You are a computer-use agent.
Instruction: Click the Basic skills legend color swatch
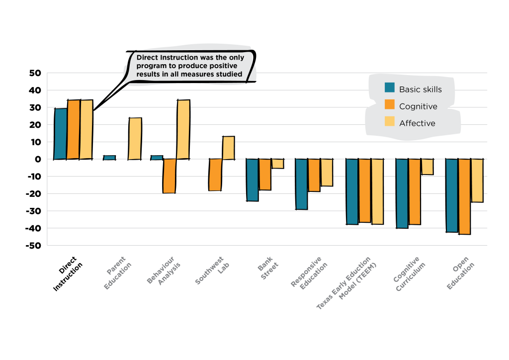pyautogui.click(x=390, y=88)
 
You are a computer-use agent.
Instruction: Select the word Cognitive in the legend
pyautogui.click(x=418, y=106)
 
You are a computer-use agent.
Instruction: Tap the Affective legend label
pyautogui.click(x=417, y=123)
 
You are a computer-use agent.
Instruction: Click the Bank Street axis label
pyautogui.click(x=266, y=269)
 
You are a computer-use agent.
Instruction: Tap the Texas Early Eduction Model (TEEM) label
pyautogui.click(x=348, y=283)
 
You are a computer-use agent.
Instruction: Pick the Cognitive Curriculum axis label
pyautogui.click(x=410, y=274)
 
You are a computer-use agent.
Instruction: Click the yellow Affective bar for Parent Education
pyautogui.click(x=135, y=139)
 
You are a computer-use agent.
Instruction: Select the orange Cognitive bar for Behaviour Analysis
pyautogui.click(x=170, y=176)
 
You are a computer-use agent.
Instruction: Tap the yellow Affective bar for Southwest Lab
pyautogui.click(x=228, y=148)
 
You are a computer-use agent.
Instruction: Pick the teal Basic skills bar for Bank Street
pyautogui.click(x=253, y=180)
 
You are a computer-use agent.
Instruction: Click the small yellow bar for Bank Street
pyautogui.click(x=277, y=164)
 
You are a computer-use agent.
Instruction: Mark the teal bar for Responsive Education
pyautogui.click(x=301, y=184)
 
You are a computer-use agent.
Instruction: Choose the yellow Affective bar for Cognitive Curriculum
pyautogui.click(x=427, y=167)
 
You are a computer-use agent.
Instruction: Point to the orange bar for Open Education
pyautogui.click(x=464, y=196)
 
